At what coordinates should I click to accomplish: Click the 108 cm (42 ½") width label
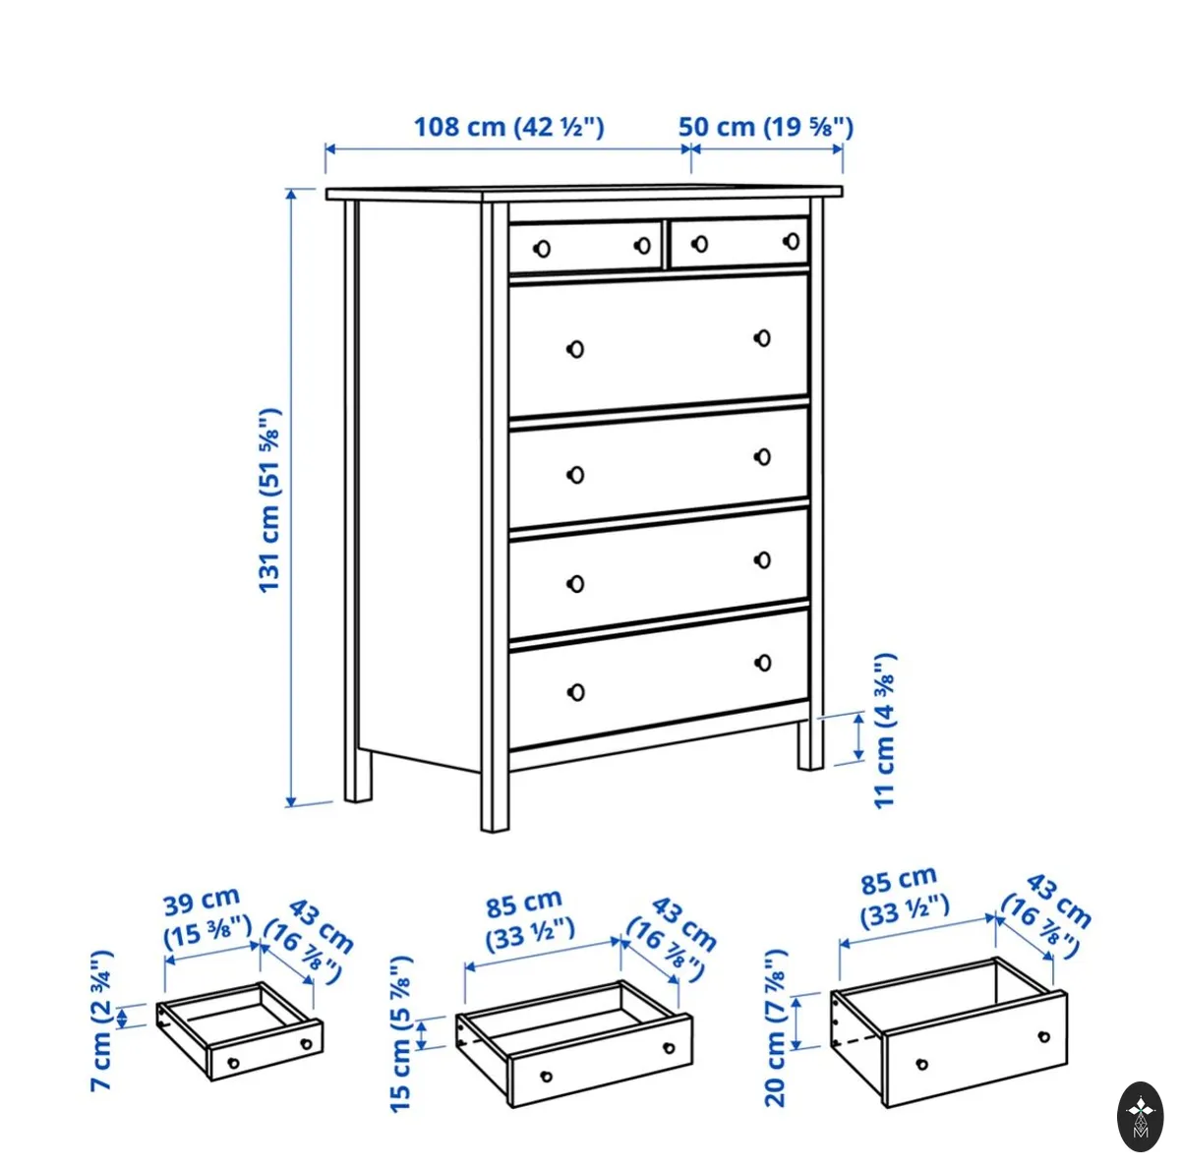508,128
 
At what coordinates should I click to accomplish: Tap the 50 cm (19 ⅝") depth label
765,128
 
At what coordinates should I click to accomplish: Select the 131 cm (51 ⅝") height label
270,499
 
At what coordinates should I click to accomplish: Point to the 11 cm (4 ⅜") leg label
884,730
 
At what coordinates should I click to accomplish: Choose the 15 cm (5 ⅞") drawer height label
402,1033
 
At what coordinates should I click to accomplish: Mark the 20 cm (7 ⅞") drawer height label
775,1027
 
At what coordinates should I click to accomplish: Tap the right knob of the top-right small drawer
792,241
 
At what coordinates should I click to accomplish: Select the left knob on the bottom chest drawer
575,692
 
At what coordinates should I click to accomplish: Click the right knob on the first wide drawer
762,338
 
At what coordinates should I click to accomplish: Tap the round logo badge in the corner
1140,1117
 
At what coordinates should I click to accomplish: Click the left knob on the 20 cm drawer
921,1064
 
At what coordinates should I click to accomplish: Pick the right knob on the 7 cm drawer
306,1044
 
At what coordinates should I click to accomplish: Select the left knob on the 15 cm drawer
546,1077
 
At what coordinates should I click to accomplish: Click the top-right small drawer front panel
739,243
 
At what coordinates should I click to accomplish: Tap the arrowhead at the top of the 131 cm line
291,194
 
